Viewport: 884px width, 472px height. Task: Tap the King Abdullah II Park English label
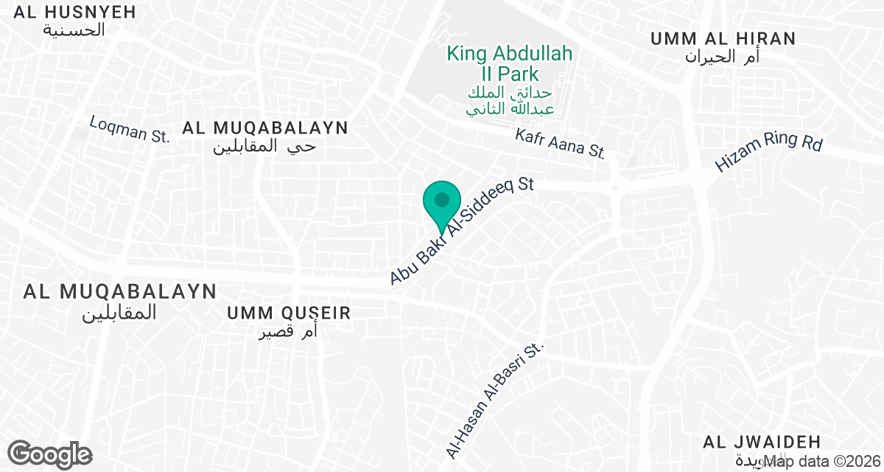[510, 63]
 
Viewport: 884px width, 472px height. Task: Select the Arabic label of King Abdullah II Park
[510, 101]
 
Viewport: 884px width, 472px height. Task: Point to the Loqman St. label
[130, 128]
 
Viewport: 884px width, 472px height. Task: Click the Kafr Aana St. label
[560, 144]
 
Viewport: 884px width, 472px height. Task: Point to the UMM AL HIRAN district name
[723, 38]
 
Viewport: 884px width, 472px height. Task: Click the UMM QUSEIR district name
[289, 313]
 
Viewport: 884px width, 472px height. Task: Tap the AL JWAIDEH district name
[762, 442]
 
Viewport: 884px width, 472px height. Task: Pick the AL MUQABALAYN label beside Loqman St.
[265, 128]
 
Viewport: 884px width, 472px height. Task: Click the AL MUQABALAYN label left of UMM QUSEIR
[120, 291]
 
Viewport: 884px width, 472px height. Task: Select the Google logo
[50, 454]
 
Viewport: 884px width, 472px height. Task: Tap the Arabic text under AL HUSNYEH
[74, 30]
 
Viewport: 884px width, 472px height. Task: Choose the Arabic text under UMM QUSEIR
[288, 332]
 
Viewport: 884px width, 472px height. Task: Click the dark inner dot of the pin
[441, 199]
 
